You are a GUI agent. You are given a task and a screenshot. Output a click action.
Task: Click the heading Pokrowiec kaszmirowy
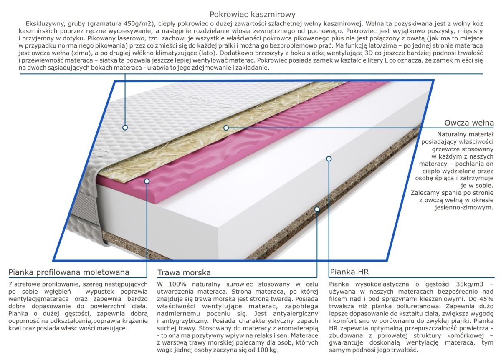253,15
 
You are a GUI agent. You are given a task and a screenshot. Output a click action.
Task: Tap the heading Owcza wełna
469,123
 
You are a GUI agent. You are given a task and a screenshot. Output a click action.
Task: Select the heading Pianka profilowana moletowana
69,272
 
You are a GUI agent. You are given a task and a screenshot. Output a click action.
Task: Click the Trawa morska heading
184,273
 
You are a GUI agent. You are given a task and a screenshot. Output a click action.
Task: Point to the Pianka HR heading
349,272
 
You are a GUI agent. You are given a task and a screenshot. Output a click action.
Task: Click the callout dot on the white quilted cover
125,128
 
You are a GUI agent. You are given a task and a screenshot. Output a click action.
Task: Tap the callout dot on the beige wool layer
226,128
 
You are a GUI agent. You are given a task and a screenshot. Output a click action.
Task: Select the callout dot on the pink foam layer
147,181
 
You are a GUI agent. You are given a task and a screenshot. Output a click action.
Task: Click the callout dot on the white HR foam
329,159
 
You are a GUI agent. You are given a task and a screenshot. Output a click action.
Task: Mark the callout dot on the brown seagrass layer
317,209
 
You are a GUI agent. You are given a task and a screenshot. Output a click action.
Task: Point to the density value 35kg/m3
470,284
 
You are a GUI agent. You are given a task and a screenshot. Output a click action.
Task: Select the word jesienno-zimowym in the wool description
464,208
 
